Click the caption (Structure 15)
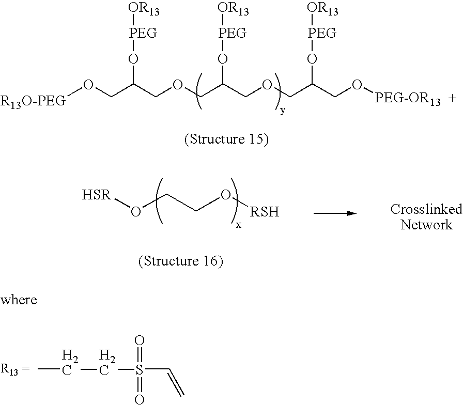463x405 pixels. (x=226, y=140)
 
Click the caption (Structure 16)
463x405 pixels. (x=180, y=261)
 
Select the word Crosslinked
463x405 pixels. (x=419, y=209)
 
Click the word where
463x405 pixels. (x=19, y=300)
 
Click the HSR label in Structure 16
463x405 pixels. (x=96, y=196)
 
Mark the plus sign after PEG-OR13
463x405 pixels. (x=453, y=99)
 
